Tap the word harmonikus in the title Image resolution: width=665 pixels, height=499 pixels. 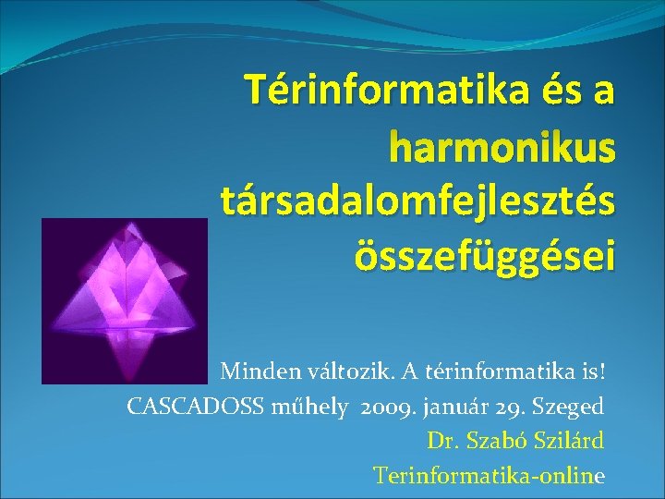tap(502, 144)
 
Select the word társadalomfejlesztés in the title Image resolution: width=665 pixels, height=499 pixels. tap(417, 198)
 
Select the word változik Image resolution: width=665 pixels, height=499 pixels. tap(329, 371)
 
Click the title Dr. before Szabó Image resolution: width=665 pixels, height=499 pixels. tap(441, 441)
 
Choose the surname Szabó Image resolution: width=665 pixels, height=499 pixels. tap(490, 441)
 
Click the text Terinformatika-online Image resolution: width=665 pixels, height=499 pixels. tap(490, 475)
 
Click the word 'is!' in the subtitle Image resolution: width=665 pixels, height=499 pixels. tap(590, 371)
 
